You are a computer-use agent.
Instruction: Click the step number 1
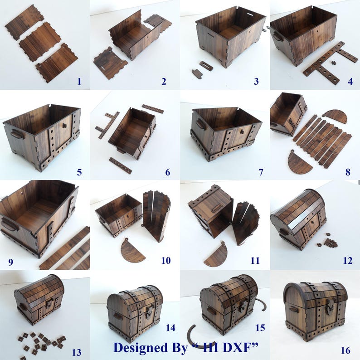79,82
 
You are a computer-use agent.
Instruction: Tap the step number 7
261,172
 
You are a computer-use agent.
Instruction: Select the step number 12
348,261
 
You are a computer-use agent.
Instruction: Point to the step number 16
345,350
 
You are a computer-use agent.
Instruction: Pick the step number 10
166,261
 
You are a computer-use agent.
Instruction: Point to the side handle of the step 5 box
16,134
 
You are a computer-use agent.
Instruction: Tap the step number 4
350,82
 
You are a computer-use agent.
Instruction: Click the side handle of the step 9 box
9,224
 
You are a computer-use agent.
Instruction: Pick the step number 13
77,352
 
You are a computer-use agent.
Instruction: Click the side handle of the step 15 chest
211,311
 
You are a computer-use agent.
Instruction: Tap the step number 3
256,82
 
